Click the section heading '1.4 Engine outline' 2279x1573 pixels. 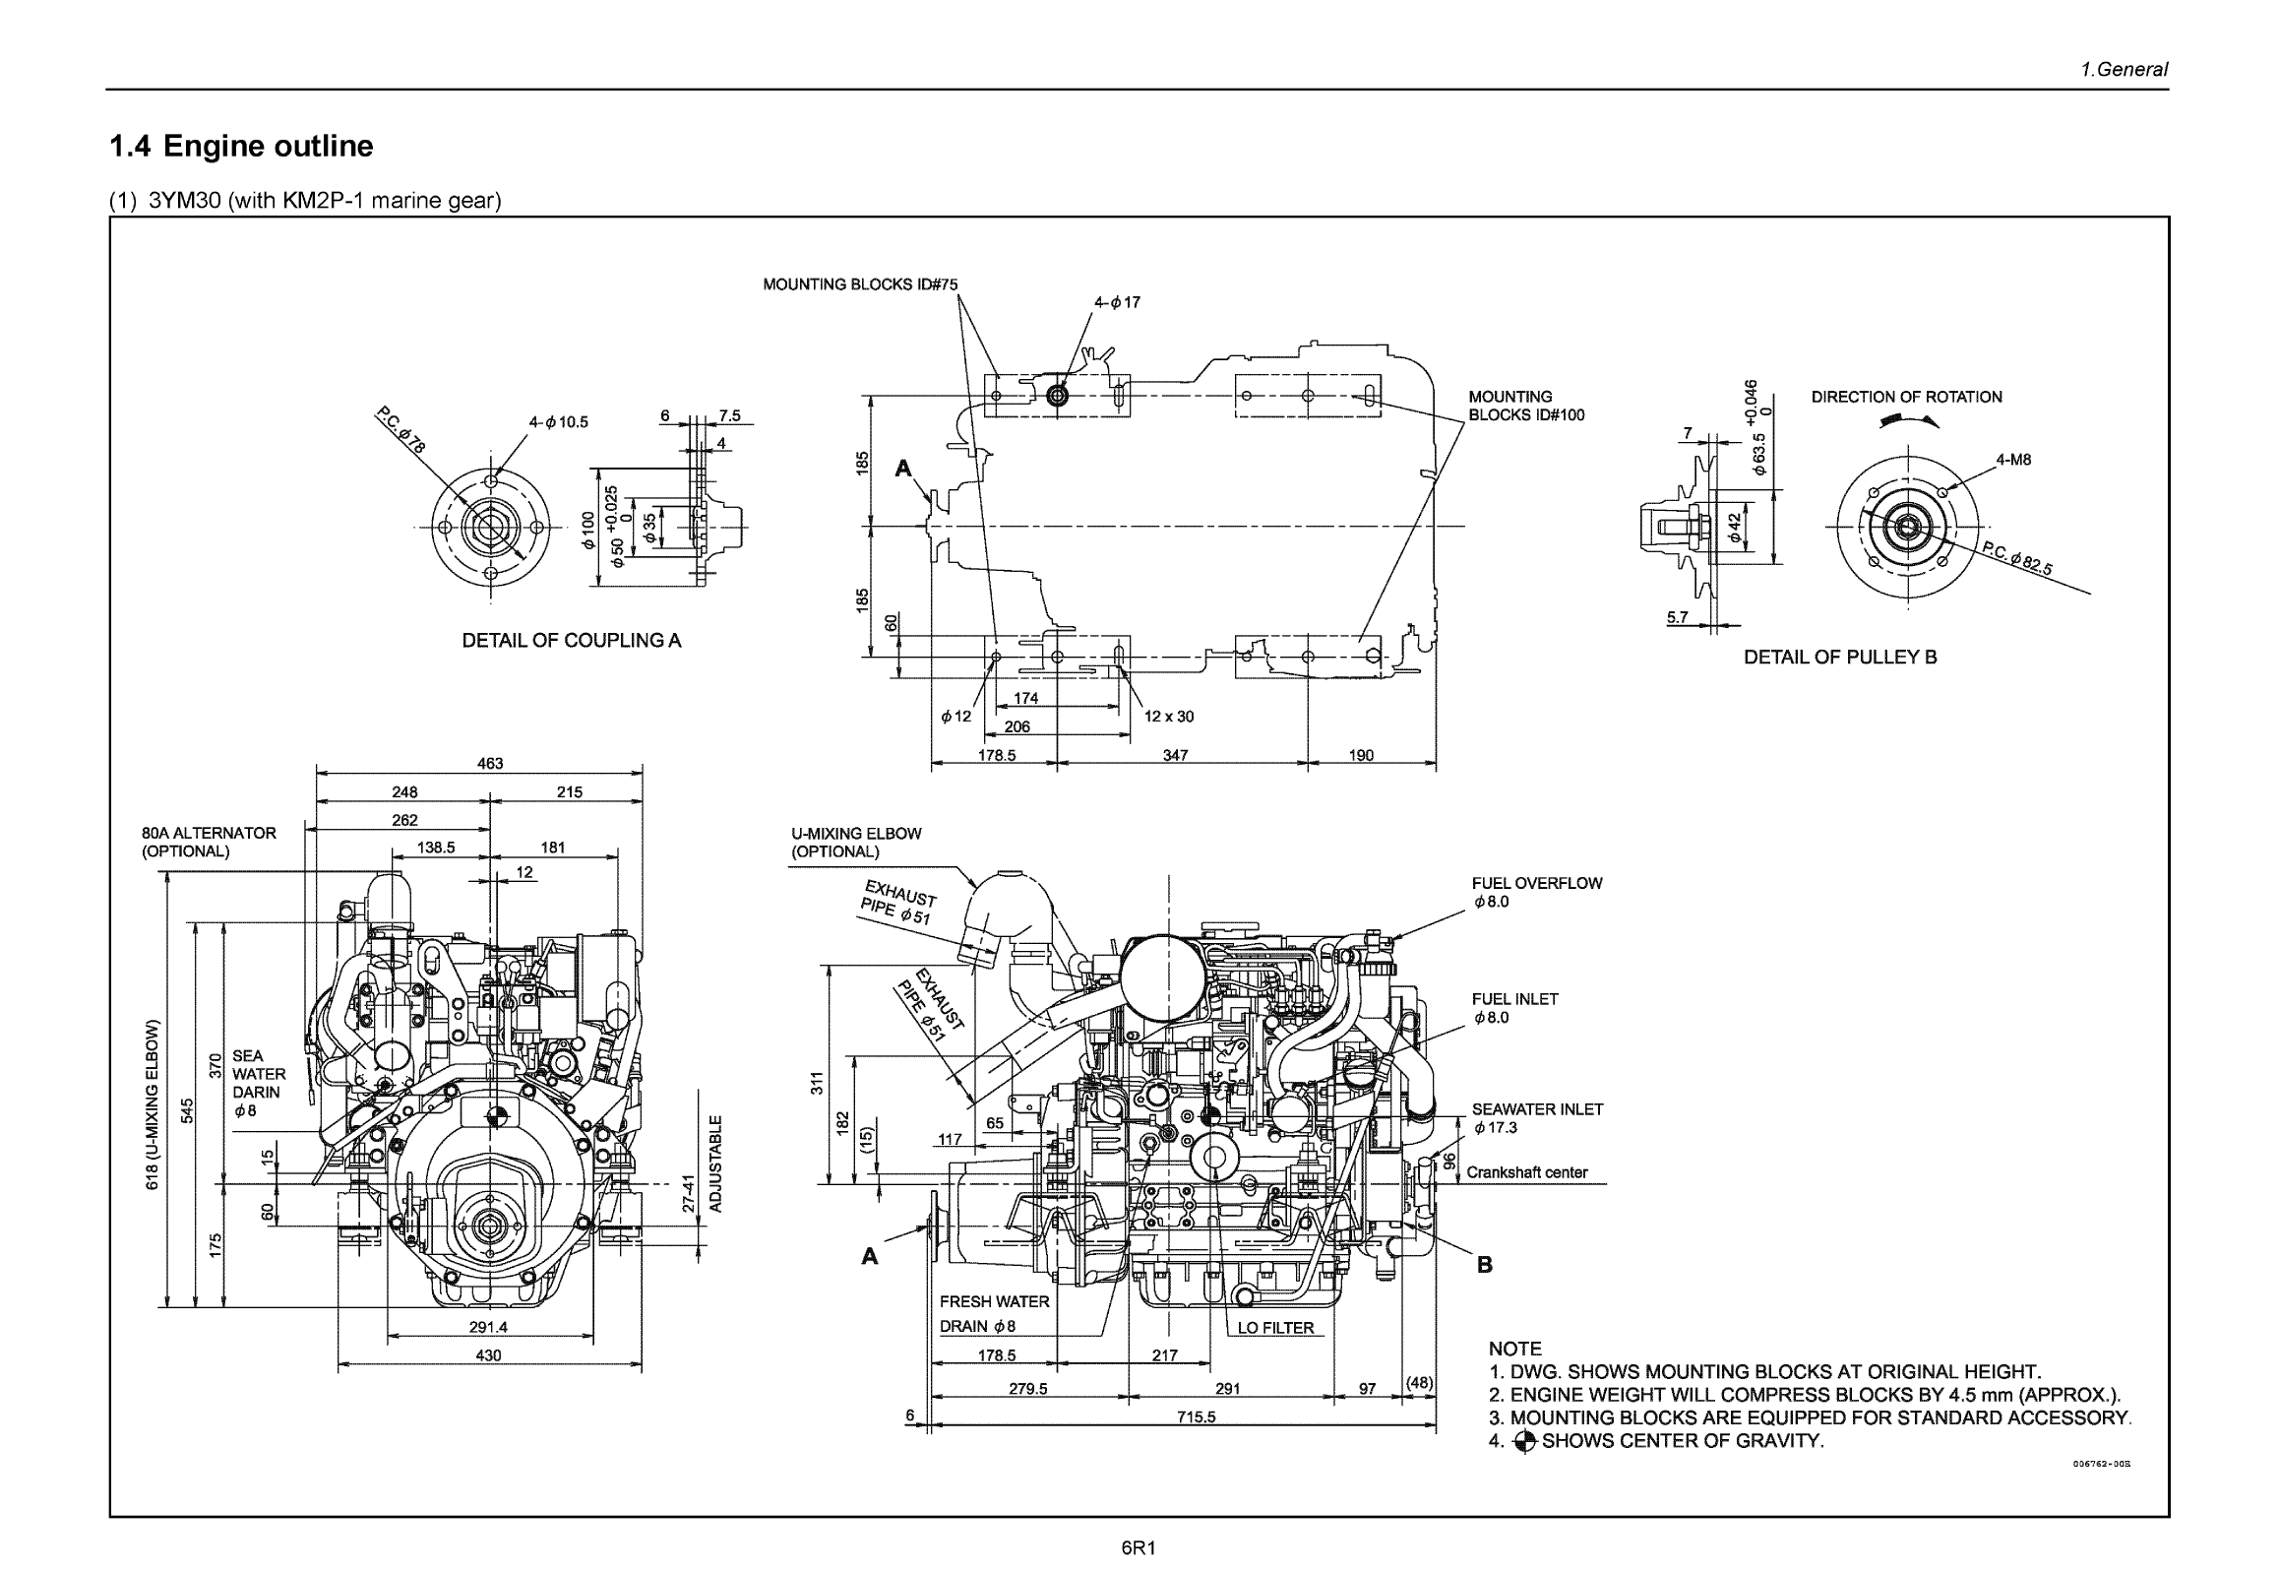241,146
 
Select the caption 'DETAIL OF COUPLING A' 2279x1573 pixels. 572,641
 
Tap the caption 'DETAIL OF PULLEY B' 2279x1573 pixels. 1839,658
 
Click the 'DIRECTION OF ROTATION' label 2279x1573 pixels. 1906,398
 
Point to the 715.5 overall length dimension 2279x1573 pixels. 1197,1417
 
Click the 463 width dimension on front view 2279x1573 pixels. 490,764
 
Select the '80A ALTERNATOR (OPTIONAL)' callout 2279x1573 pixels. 209,842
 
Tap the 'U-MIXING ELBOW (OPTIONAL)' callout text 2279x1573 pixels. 855,843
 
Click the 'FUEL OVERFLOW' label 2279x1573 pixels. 1536,884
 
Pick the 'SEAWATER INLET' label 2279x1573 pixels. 1537,1109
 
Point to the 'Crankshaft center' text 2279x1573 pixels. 1526,1172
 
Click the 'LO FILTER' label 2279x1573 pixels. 1275,1329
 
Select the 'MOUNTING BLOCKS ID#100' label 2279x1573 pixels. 1525,407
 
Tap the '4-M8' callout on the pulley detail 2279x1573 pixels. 2013,461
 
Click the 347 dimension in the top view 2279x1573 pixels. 1175,756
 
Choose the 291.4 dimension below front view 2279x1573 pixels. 488,1328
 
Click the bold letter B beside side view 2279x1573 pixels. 1485,1266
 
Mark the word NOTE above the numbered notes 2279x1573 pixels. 1514,1350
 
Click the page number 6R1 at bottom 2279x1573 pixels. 1138,1548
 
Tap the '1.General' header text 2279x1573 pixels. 2124,70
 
